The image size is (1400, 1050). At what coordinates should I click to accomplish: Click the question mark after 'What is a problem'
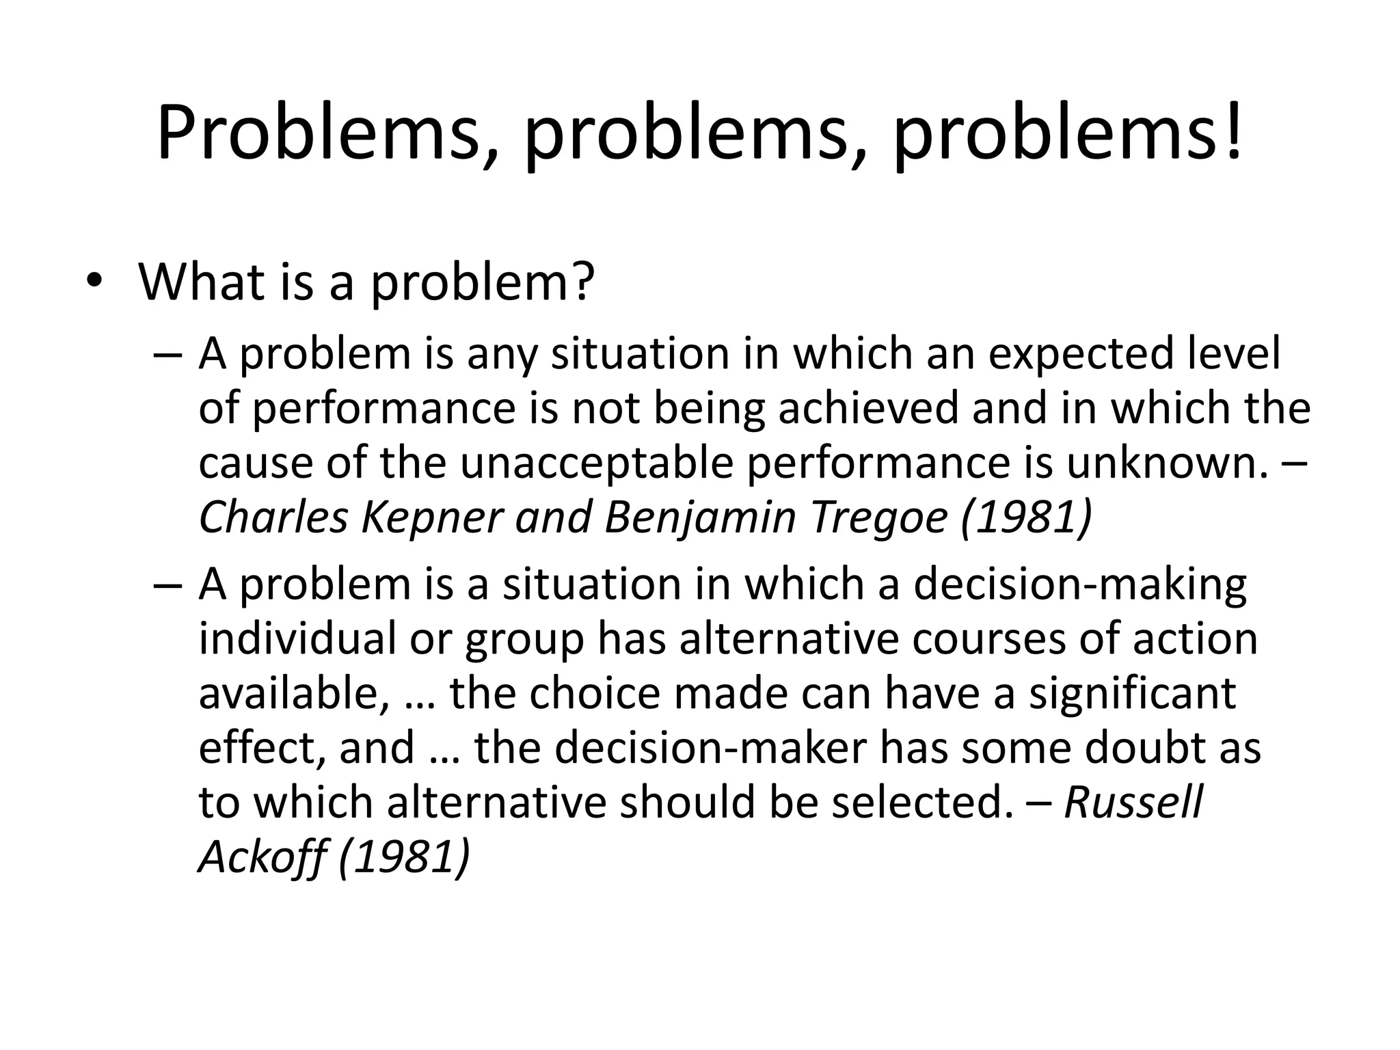[582, 281]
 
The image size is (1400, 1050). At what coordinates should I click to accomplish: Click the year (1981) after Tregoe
[1025, 517]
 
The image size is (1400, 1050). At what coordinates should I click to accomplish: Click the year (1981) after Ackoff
[404, 855]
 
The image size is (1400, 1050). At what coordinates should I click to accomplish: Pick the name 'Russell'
[1133, 801]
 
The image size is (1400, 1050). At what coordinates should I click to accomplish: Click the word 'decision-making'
[1079, 585]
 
